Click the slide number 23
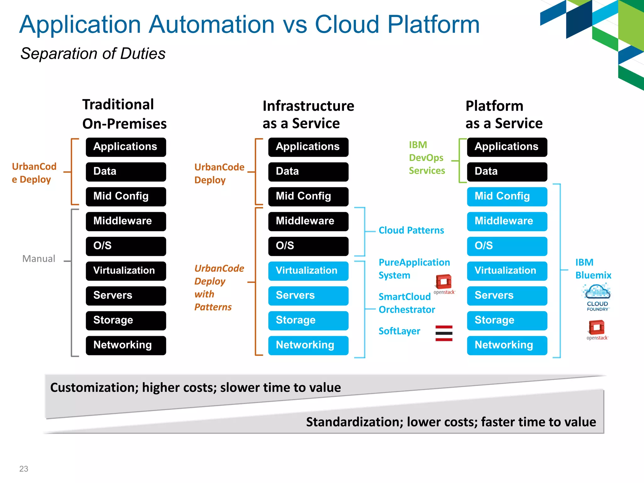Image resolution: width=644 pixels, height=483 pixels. click(x=24, y=469)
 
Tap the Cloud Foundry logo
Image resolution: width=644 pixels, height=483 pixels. click(x=597, y=297)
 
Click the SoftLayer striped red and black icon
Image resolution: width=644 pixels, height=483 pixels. click(x=444, y=333)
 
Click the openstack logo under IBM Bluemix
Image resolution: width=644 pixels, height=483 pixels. click(x=597, y=330)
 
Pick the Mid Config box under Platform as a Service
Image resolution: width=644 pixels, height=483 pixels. click(x=507, y=197)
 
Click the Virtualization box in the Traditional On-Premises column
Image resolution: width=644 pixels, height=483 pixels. click(x=126, y=271)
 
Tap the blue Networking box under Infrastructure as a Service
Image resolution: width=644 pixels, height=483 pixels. click(x=308, y=345)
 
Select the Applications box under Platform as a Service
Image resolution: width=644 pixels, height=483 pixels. click(x=507, y=147)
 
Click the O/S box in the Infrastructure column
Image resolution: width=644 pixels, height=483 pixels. click(x=308, y=246)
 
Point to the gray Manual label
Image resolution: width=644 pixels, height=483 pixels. click(x=39, y=258)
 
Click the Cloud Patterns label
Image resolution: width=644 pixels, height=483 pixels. click(x=411, y=230)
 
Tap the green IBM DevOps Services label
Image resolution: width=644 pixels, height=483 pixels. click(x=426, y=158)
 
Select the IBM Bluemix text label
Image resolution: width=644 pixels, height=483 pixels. click(x=593, y=269)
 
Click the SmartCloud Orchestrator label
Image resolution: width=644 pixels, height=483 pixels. click(x=406, y=303)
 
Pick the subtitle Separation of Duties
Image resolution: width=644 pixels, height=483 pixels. click(x=93, y=53)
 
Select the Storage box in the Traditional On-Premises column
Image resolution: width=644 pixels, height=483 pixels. click(x=126, y=320)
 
